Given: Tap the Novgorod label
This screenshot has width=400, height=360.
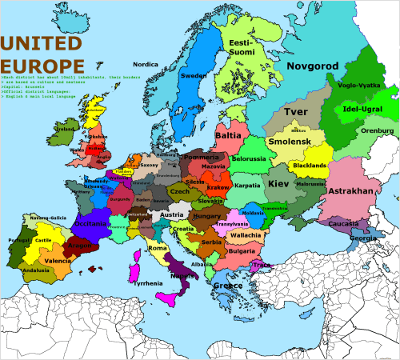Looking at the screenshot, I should [x=314, y=67].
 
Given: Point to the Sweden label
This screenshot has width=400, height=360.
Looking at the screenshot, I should [x=194, y=76].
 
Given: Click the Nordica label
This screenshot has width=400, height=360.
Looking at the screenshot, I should [x=145, y=64].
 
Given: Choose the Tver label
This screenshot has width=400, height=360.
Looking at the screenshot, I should [x=296, y=112].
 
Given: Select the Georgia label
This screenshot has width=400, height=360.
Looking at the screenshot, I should [x=363, y=238].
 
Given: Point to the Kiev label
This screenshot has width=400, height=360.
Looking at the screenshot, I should [x=278, y=184].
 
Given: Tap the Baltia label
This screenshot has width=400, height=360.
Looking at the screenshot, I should [x=228, y=137].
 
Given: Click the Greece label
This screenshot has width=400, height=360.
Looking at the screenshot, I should [x=228, y=286].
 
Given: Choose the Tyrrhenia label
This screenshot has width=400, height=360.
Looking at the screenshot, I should [x=151, y=283].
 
